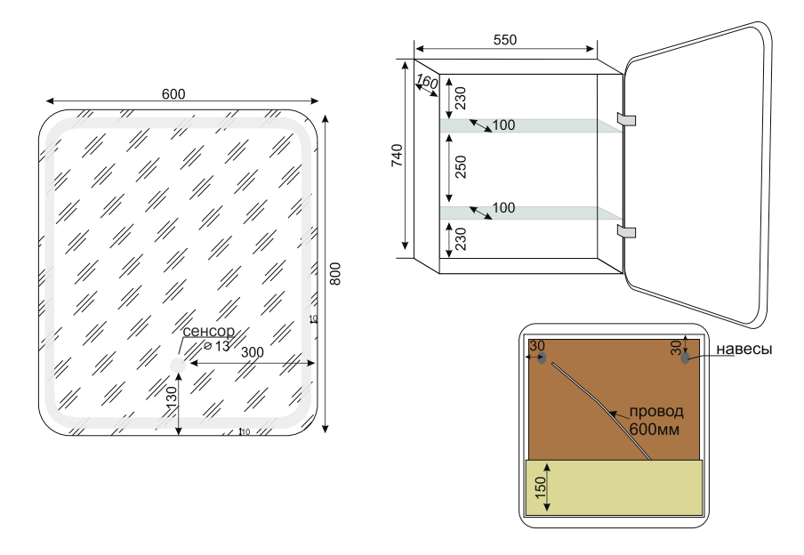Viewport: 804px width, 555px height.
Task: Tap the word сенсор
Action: point(208,332)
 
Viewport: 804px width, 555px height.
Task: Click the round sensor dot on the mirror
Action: point(177,365)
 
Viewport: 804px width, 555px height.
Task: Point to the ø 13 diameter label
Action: point(216,345)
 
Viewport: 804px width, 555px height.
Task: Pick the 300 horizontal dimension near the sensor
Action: point(252,352)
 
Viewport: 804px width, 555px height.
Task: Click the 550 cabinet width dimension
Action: point(504,40)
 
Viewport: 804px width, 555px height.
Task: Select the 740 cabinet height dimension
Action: point(398,155)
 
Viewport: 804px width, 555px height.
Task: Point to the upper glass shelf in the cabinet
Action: point(529,125)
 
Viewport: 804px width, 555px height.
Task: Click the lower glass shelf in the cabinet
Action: point(529,213)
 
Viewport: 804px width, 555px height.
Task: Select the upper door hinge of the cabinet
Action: point(628,119)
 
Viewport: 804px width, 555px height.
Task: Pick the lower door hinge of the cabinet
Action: point(628,232)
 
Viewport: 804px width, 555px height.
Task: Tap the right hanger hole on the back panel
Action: point(685,358)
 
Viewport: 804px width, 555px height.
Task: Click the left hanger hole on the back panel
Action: point(542,358)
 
